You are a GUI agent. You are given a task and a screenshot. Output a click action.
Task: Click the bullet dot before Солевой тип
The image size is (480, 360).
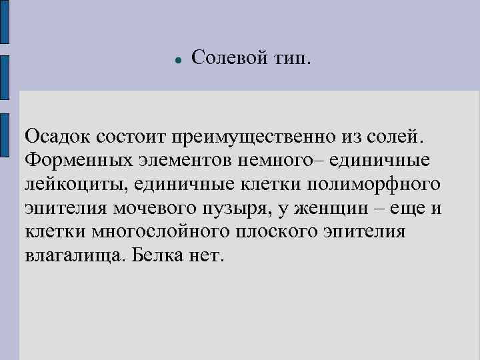[x=178, y=60]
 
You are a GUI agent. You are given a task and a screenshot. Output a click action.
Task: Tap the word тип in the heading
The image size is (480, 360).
[x=291, y=59]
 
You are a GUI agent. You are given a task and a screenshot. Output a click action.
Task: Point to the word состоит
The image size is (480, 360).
[x=131, y=137]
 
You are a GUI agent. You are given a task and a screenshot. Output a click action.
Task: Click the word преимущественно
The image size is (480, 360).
[x=259, y=137]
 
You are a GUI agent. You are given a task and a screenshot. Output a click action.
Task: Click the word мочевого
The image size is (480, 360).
[x=161, y=209]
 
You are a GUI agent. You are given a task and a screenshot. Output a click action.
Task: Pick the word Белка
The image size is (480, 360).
[x=157, y=256]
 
